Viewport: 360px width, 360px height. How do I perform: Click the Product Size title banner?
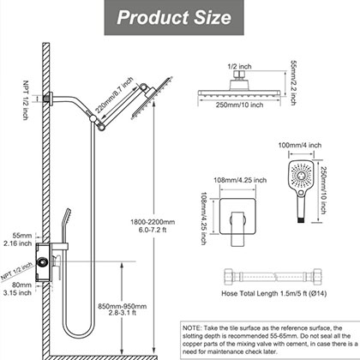pyautogui.click(x=180, y=17)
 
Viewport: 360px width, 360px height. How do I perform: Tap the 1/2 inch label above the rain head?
pyautogui.click(x=239, y=63)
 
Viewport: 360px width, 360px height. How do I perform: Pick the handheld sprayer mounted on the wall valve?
pyautogui.click(x=61, y=228)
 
